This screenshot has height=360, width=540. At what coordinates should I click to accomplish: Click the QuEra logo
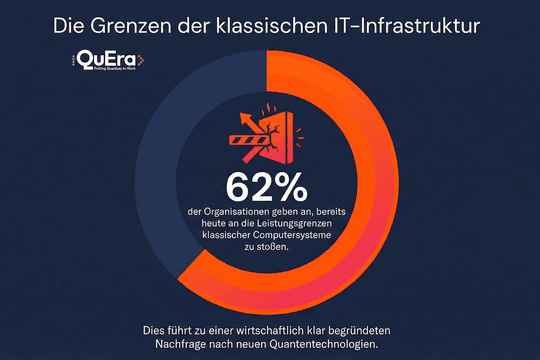coord(109,61)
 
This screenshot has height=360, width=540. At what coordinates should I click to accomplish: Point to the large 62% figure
coord(269,187)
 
